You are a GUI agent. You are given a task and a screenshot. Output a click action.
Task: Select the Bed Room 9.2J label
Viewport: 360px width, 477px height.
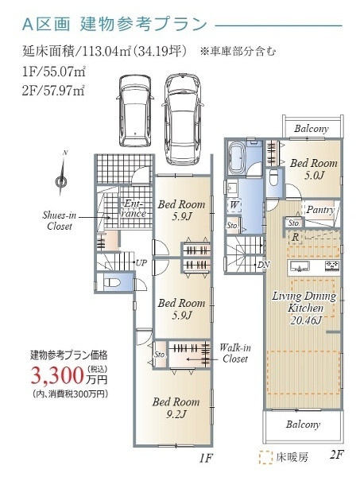(x=170, y=408)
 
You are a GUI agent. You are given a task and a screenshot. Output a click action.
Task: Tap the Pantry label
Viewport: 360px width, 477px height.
(x=319, y=210)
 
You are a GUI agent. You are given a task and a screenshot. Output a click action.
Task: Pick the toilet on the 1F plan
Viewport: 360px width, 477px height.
(x=112, y=282)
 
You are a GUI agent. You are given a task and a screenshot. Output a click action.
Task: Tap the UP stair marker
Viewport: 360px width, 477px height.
(x=141, y=262)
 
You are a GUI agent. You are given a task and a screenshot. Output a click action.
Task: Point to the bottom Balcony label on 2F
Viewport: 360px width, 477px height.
(x=304, y=425)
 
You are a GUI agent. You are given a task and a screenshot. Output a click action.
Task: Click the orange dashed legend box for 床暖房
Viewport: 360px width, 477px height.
(x=265, y=457)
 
